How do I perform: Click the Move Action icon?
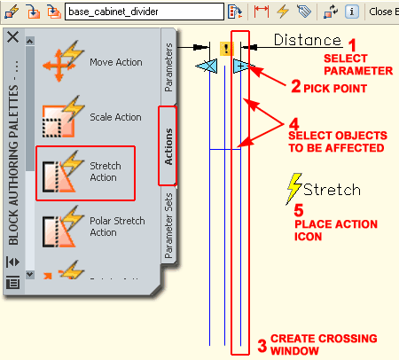(x=59, y=63)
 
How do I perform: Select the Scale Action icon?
(x=59, y=117)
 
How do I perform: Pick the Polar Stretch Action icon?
(x=59, y=225)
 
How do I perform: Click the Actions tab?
(x=168, y=146)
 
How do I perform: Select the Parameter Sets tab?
(x=169, y=225)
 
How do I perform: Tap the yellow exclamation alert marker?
(x=227, y=48)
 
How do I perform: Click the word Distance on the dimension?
(x=307, y=40)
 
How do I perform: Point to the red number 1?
(x=353, y=44)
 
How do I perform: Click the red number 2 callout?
(x=296, y=86)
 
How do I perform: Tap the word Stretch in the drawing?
(x=332, y=190)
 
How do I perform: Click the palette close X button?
(x=12, y=36)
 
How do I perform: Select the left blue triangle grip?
(x=206, y=67)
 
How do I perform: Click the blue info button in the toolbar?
(x=352, y=12)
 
